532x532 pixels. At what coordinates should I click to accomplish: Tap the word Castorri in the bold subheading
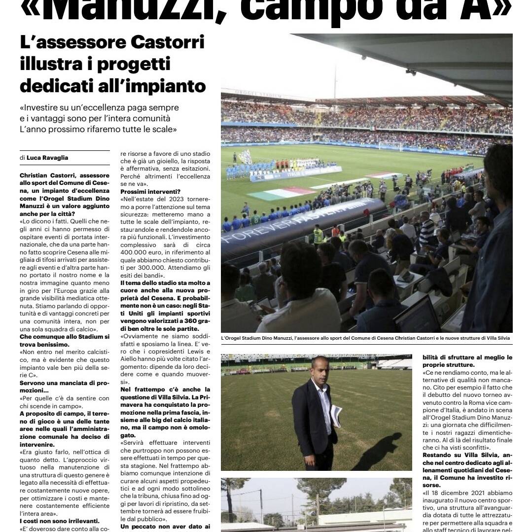tap(168, 43)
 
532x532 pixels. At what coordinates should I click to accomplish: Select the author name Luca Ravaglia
tap(48, 158)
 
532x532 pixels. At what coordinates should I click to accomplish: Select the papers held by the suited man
tap(336, 416)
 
